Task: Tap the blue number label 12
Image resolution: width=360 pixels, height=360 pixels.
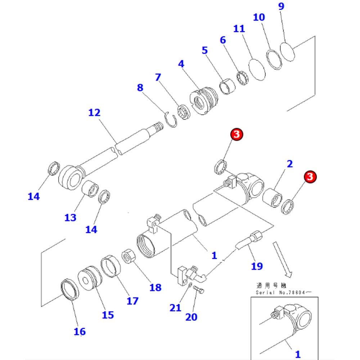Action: pos(94,113)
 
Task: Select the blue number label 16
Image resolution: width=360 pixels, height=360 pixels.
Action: pos(80,331)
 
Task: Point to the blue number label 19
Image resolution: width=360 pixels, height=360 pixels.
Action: pos(257,266)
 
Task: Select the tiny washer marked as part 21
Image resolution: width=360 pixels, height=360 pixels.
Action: pos(190,286)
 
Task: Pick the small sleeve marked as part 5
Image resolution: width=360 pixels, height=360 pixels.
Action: pos(227,87)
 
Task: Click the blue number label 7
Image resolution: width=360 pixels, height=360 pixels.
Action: pos(157,77)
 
